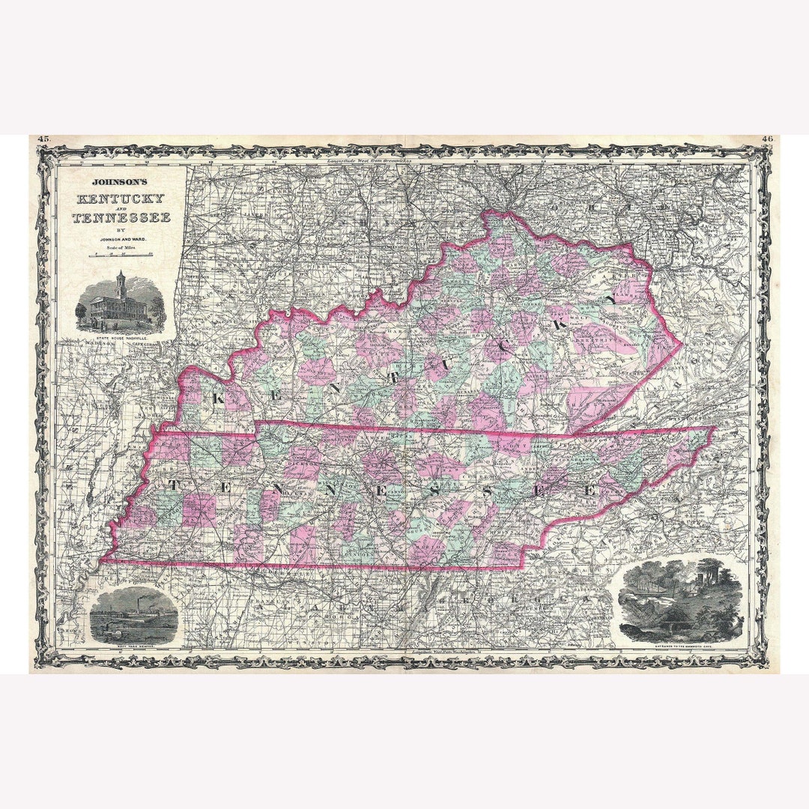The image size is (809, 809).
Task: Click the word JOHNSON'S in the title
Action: pyautogui.click(x=121, y=181)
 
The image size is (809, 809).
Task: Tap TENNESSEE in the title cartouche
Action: pyautogui.click(x=121, y=218)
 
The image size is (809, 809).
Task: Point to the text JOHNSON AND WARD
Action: pyautogui.click(x=121, y=240)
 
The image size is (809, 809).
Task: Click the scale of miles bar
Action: pyautogui.click(x=121, y=255)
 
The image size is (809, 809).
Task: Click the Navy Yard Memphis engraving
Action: pyautogui.click(x=133, y=615)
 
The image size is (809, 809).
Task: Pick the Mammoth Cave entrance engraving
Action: pyautogui.click(x=680, y=600)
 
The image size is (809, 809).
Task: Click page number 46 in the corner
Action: pyautogui.click(x=767, y=139)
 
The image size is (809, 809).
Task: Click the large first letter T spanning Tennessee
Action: pyautogui.click(x=173, y=485)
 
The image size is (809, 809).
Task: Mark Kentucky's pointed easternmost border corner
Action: pyautogui.click(x=681, y=346)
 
